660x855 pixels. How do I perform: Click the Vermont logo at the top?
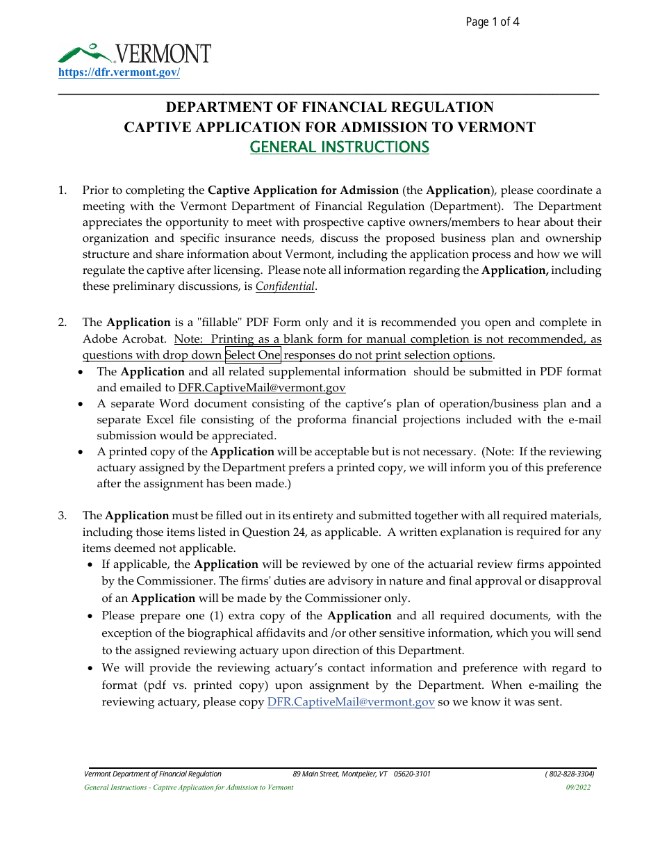click(x=134, y=54)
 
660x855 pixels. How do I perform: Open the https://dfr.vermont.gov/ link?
click(x=119, y=72)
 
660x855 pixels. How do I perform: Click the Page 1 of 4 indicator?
click(x=492, y=22)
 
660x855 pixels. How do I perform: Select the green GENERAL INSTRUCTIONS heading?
click(x=339, y=147)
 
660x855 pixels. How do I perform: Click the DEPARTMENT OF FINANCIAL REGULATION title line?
click(x=329, y=107)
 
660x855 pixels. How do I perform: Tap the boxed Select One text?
click(x=253, y=355)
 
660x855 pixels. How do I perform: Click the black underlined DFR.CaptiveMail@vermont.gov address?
click(x=262, y=388)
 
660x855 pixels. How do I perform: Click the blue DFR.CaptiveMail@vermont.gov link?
click(x=351, y=702)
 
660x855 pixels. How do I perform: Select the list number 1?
click(x=63, y=190)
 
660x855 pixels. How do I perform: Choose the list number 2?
click(x=63, y=323)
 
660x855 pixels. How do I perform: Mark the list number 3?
click(x=63, y=516)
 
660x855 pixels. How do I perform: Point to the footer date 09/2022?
click(x=578, y=788)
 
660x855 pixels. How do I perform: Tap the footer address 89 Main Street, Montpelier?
click(x=361, y=774)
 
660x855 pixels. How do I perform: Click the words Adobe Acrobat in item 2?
click(x=126, y=339)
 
